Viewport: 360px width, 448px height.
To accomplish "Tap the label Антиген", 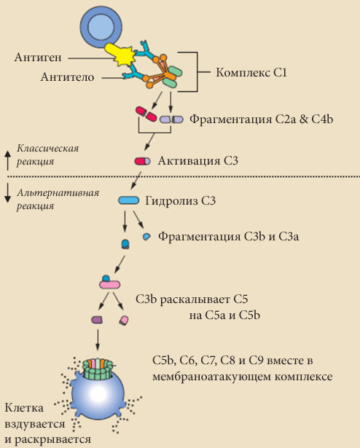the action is [x=38, y=58].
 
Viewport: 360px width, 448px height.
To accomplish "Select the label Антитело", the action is [x=67, y=77].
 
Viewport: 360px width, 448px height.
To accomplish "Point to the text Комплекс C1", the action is [x=251, y=73].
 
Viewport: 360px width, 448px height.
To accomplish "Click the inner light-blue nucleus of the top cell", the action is [x=101, y=27].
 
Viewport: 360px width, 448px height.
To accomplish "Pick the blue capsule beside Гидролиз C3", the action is [x=129, y=200].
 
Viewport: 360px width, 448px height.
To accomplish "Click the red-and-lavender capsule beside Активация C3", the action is [x=142, y=161].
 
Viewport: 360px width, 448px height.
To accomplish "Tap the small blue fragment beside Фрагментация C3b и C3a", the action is [x=146, y=237].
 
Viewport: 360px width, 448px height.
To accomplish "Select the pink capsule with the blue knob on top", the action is [x=109, y=283].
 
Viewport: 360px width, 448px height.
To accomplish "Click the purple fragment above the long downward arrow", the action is [x=97, y=320].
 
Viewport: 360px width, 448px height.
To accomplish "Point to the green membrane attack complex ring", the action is [x=98, y=369].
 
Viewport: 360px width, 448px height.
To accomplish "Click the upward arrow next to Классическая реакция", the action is [x=8, y=161].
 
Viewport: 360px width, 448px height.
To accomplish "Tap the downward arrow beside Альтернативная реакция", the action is [x=8, y=193].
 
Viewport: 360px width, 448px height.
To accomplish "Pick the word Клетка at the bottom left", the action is [x=24, y=408].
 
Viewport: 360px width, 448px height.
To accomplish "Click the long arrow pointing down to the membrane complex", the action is [x=97, y=340].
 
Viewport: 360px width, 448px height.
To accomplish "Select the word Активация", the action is [x=189, y=161].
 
